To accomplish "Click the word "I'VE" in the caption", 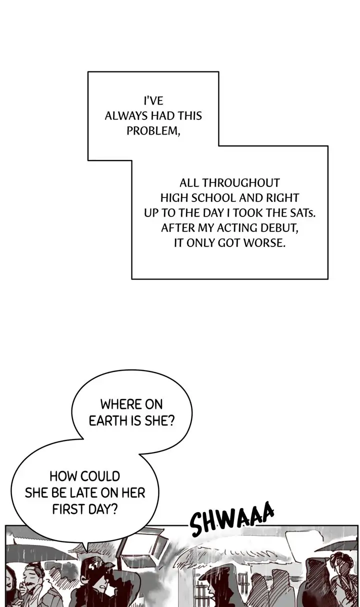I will (153, 100).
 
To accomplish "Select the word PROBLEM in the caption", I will (151, 131).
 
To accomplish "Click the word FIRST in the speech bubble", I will (68, 509).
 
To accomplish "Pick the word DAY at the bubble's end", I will (104, 509).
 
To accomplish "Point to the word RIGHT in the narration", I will (282, 197).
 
